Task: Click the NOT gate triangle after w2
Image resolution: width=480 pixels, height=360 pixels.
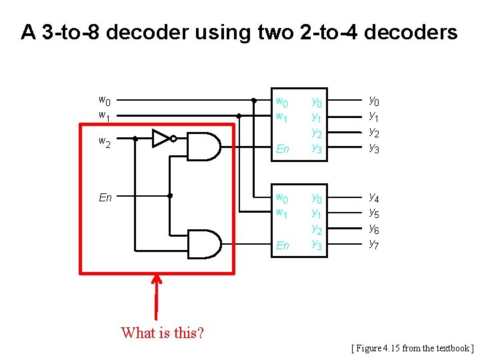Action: [x=160, y=139]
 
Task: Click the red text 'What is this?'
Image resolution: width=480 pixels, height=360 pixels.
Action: [x=163, y=332]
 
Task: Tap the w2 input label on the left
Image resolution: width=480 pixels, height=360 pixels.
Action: [x=105, y=141]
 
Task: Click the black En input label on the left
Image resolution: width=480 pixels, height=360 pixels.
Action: [x=105, y=197]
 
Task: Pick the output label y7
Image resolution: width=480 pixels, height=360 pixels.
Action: [x=375, y=243]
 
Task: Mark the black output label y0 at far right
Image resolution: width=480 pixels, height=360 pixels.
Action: [x=375, y=101]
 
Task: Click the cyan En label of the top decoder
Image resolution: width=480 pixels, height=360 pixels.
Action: [x=283, y=149]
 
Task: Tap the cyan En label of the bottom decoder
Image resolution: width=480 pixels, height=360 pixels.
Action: [x=283, y=245]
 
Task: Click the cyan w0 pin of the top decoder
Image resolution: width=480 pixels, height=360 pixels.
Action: [x=283, y=102]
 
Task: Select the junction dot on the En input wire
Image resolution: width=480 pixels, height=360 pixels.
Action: [x=170, y=196]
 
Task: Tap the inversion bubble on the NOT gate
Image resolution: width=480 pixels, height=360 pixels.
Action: [x=173, y=139]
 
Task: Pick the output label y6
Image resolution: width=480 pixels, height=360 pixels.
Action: [x=375, y=228]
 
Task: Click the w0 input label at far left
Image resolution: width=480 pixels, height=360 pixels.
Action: [x=105, y=101]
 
